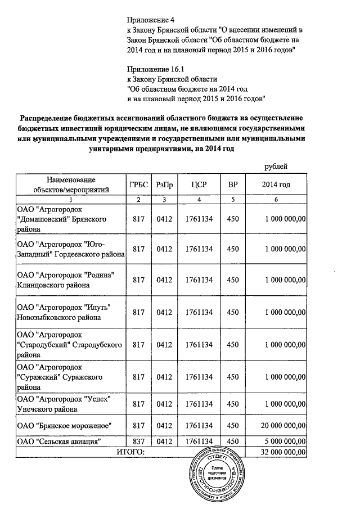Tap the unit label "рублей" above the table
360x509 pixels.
[x=276, y=166]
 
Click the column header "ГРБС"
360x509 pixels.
[x=138, y=184]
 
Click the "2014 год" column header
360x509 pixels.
[x=276, y=184]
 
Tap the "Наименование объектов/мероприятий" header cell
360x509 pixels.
[x=71, y=184]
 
